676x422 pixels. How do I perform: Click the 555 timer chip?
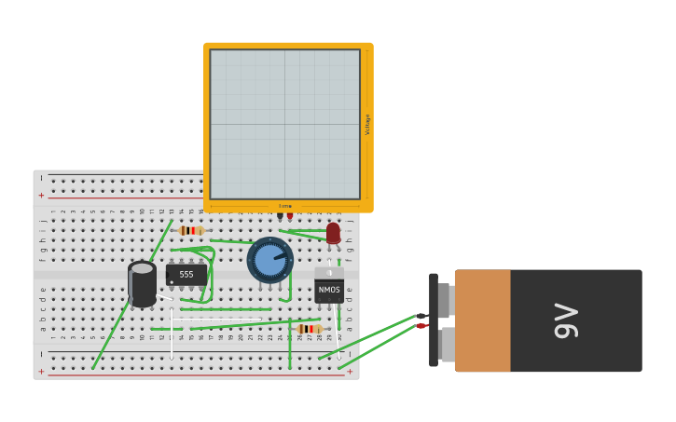[x=186, y=275]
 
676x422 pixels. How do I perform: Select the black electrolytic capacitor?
[x=142, y=285]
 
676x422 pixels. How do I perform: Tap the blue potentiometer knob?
[x=269, y=260]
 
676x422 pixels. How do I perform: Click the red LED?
[x=333, y=233]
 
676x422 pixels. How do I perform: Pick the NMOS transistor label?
[x=329, y=290]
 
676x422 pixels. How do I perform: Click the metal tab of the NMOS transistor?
[x=329, y=273]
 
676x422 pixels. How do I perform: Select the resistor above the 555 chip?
[x=191, y=230]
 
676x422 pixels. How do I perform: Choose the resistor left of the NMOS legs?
[x=308, y=329]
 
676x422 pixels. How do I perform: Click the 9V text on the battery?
[x=566, y=320]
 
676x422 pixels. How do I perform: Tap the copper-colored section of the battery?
[x=482, y=320]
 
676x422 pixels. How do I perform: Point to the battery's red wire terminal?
[x=421, y=326]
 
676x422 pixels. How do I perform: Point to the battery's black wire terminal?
[x=421, y=317]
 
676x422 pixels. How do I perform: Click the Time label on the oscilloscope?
[x=285, y=206]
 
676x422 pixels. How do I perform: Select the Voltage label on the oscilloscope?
[x=367, y=124]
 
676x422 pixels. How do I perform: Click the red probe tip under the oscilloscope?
[x=290, y=216]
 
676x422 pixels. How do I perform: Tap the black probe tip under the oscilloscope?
[x=280, y=216]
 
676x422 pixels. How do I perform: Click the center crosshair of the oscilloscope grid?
[x=284, y=124]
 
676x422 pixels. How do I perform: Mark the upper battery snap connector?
[x=444, y=300]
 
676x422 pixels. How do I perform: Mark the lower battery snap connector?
[x=446, y=345]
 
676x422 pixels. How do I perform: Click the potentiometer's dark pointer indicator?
[x=280, y=254]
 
